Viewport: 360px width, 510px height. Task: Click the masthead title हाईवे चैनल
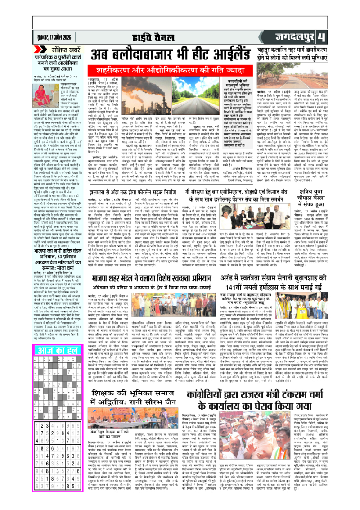point(180,36)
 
